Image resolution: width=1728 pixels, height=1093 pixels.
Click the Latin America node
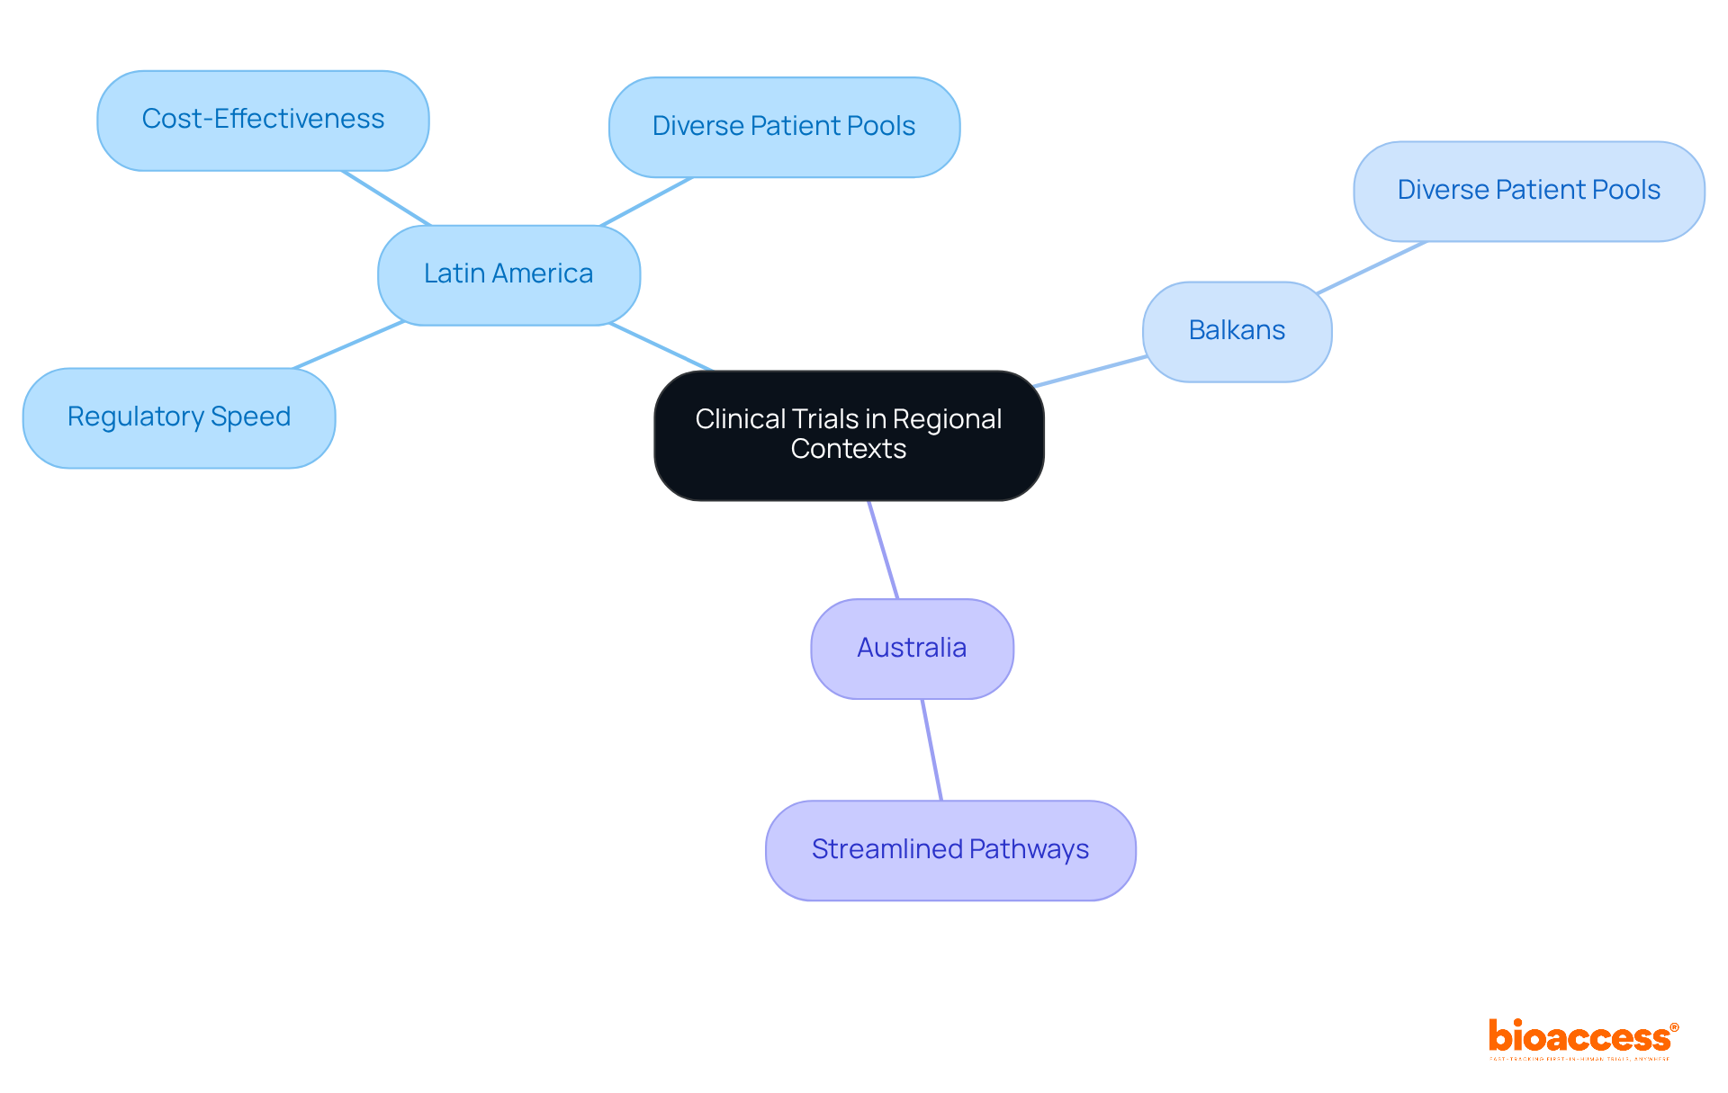pyautogui.click(x=508, y=274)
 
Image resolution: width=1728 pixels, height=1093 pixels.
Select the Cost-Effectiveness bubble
pyautogui.click(x=263, y=120)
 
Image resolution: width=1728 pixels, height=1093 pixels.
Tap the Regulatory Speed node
pyautogui.click(x=179, y=417)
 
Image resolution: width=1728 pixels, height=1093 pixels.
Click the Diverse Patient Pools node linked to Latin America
pyautogui.click(x=784, y=127)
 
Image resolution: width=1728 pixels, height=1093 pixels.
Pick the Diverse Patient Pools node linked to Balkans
pyautogui.click(x=1528, y=191)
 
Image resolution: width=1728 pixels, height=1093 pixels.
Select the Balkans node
pyautogui.click(x=1237, y=331)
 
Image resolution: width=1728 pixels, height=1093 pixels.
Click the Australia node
pyautogui.click(x=912, y=649)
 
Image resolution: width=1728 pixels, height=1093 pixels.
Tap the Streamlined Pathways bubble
pyautogui.click(x=950, y=850)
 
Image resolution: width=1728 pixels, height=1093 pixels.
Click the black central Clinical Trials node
pyautogui.click(x=849, y=435)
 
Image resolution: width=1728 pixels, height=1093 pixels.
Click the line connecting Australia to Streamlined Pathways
pyautogui.click(x=932, y=750)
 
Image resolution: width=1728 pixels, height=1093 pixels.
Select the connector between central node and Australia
pyautogui.click(x=884, y=550)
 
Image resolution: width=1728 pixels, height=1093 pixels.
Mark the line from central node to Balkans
pyautogui.click(x=1091, y=372)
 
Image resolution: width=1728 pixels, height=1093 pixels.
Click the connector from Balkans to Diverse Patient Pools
pyautogui.click(x=1371, y=267)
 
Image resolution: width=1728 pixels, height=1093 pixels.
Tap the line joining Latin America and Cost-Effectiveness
pyautogui.click(x=386, y=198)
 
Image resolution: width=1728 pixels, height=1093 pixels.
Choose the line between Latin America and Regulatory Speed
pyautogui.click(x=349, y=345)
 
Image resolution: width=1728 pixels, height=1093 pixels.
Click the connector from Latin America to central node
pyautogui.click(x=661, y=347)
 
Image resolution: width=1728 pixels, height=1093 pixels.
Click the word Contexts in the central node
pyautogui.click(x=849, y=449)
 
